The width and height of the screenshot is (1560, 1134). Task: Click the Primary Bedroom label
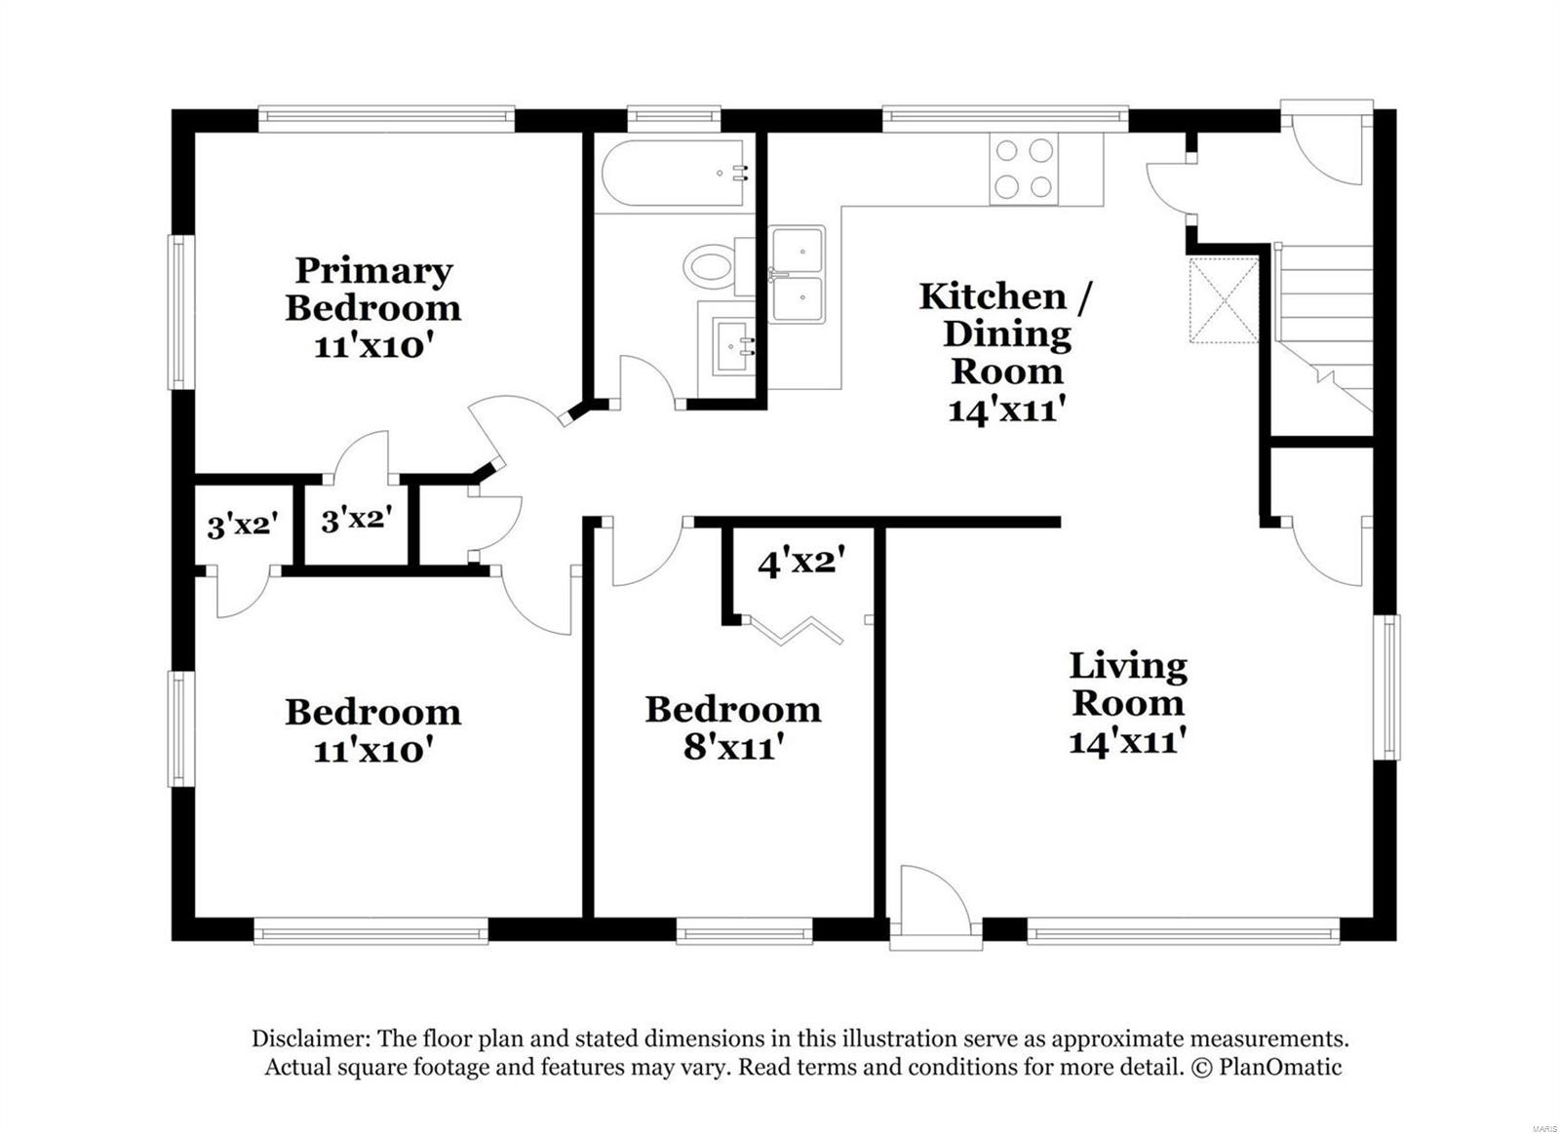coord(373,289)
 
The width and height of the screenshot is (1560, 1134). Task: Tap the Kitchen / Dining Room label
coord(1006,333)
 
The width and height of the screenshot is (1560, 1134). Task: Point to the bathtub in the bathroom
coord(673,174)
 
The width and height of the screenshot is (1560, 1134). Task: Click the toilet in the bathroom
coord(710,265)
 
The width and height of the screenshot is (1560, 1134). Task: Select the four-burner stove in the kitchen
coord(1023,168)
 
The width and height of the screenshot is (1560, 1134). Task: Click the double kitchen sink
coord(798,275)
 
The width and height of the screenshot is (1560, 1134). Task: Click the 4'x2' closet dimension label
coord(800,563)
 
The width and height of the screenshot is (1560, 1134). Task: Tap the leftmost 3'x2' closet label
coord(243,527)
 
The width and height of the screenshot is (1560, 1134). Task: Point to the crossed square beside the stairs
coord(1223,299)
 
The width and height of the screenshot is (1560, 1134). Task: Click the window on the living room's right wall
coord(1386,686)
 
